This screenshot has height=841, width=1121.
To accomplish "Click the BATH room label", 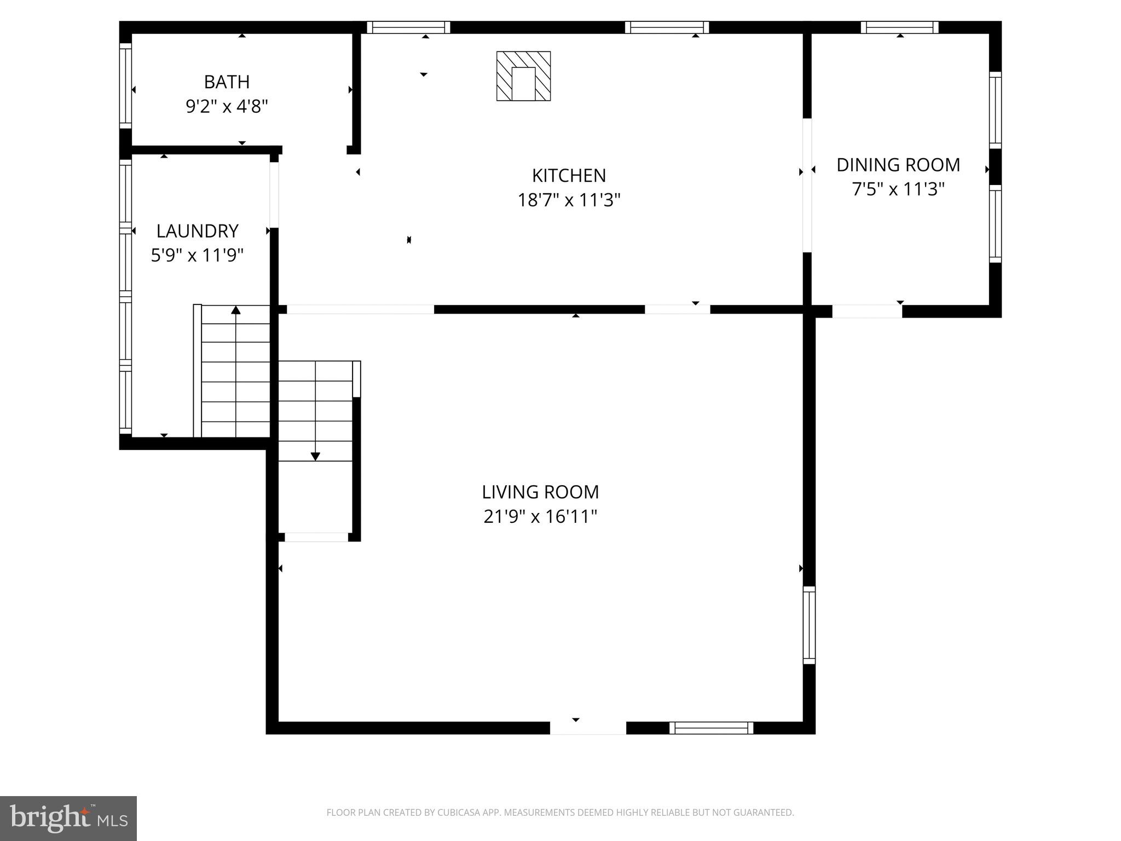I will pyautogui.click(x=227, y=82).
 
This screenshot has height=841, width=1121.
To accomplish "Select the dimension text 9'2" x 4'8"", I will pyautogui.click(x=227, y=106).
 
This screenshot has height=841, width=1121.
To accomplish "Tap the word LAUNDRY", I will pyautogui.click(x=197, y=231).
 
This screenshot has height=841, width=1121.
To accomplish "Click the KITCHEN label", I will pyautogui.click(x=569, y=176).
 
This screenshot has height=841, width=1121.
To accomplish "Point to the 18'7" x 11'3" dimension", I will pyautogui.click(x=569, y=200).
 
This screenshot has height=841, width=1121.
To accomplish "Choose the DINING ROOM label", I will pyautogui.click(x=898, y=165).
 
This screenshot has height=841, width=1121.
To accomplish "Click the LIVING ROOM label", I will pyautogui.click(x=540, y=492).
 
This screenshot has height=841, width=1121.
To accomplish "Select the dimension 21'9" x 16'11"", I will pyautogui.click(x=540, y=517).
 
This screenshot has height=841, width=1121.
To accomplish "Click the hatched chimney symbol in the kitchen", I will pyautogui.click(x=523, y=76).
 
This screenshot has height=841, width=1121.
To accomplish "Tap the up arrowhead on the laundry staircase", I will pyautogui.click(x=236, y=310).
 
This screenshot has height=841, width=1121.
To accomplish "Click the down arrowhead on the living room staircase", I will pyautogui.click(x=315, y=456).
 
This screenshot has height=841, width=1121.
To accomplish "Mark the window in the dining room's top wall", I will pyautogui.click(x=899, y=27).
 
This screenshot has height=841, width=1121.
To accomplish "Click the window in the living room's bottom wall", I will pyautogui.click(x=711, y=728).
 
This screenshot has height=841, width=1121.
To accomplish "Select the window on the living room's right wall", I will pyautogui.click(x=809, y=625).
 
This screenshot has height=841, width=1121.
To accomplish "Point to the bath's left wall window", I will pyautogui.click(x=125, y=86).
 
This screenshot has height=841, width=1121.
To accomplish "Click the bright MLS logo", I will pyautogui.click(x=68, y=818).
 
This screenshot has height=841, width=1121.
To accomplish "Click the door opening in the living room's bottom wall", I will pyautogui.click(x=588, y=728).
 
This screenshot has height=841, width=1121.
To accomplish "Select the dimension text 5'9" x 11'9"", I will pyautogui.click(x=197, y=256).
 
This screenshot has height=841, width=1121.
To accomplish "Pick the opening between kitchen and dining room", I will pyautogui.click(x=807, y=185).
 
